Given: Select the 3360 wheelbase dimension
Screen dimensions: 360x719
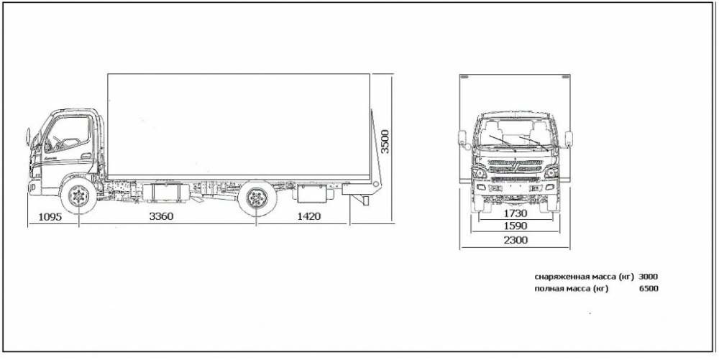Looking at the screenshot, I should pos(160,216).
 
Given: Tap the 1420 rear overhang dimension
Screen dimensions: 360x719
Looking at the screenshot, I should pos(308,216).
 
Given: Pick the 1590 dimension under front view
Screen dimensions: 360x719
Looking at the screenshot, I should pos(514,226).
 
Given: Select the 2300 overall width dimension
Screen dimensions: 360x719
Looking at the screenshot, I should pos(514,240).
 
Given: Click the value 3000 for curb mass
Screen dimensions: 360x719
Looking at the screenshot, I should pos(648,277).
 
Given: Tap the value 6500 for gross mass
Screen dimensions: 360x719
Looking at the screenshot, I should pos(648,289).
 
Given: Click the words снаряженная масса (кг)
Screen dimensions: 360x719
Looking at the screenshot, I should pos(585,277).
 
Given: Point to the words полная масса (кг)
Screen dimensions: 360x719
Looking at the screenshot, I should pos(572,289).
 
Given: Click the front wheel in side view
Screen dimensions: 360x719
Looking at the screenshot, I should pos(77,196).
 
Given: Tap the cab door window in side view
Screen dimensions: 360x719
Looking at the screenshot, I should pos(70,133).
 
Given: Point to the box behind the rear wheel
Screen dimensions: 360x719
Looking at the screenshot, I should pos(312,193).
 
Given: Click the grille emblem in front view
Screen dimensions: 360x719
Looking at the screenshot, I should pos(514,165).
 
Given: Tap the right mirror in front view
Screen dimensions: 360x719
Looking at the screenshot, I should pos(569,138).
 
